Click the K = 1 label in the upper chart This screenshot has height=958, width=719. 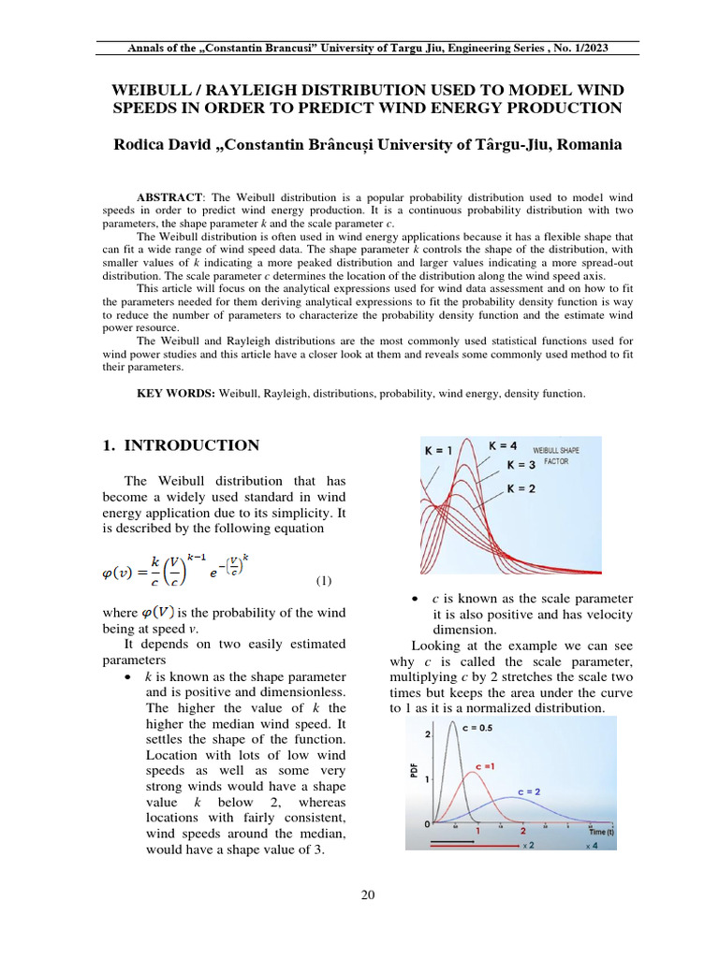tap(436, 451)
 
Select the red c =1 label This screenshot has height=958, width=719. tap(486, 766)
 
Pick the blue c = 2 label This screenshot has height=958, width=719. tap(529, 791)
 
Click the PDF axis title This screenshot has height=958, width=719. tap(414, 770)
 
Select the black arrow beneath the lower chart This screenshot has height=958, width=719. tap(453, 840)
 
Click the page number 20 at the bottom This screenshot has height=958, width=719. tap(368, 895)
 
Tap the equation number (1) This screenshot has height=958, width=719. tap(323, 581)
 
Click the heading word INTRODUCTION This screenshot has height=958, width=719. tap(191, 446)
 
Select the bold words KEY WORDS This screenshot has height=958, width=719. tap(176, 394)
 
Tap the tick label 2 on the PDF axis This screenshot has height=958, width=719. tap(427, 734)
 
